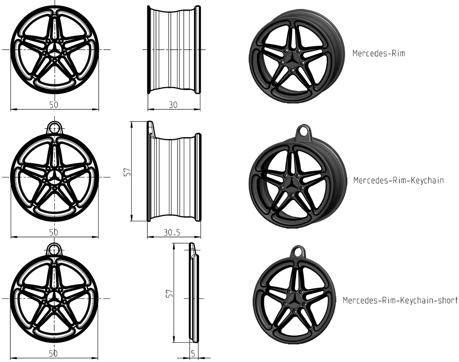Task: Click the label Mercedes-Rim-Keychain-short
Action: click(x=400, y=300)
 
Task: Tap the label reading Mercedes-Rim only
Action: click(x=379, y=53)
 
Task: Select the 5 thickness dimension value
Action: click(x=193, y=354)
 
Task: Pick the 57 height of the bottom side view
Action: click(x=169, y=293)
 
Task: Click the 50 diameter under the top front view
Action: click(x=54, y=104)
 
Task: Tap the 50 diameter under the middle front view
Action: click(x=54, y=232)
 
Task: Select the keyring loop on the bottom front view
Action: click(x=54, y=249)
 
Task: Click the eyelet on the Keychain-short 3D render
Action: click(x=298, y=251)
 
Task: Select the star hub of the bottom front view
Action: click(x=54, y=297)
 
